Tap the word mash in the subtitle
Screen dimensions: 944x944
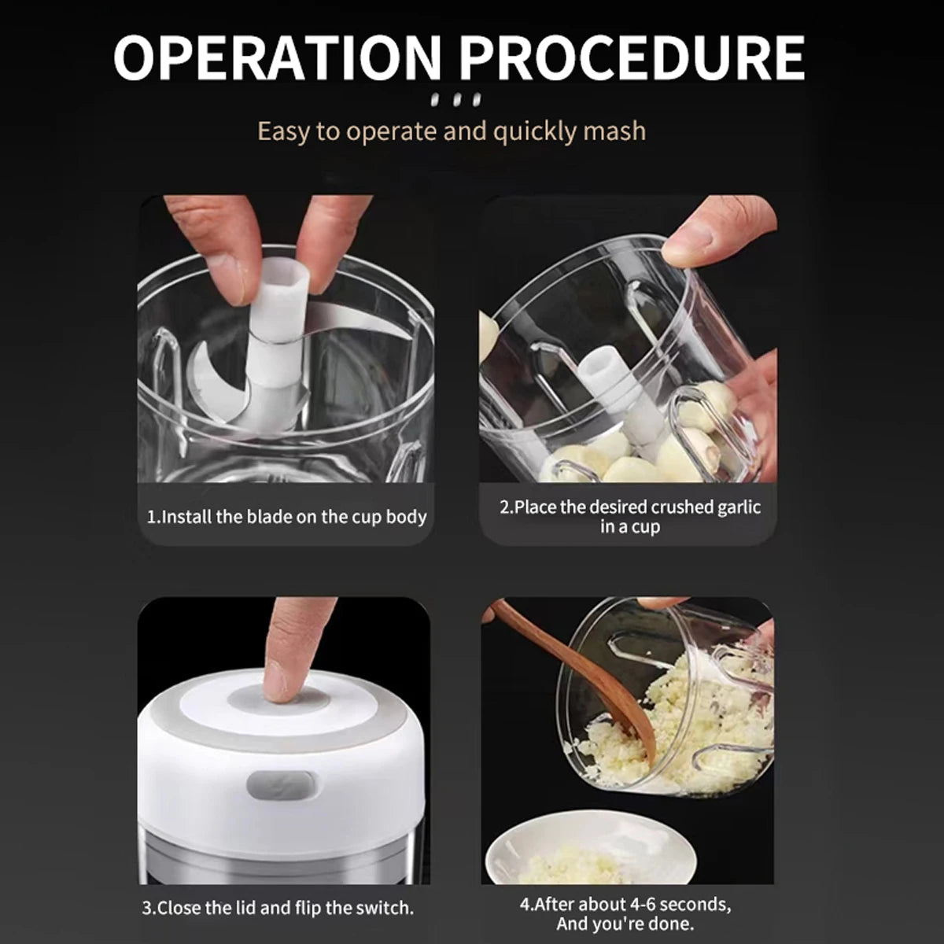point(614,130)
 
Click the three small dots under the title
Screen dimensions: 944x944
point(456,101)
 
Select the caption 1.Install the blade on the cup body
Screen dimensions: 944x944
point(287,517)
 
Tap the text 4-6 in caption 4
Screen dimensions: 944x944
point(647,904)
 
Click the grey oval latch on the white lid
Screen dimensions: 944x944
point(282,785)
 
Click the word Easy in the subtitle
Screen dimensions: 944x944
point(283,130)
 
